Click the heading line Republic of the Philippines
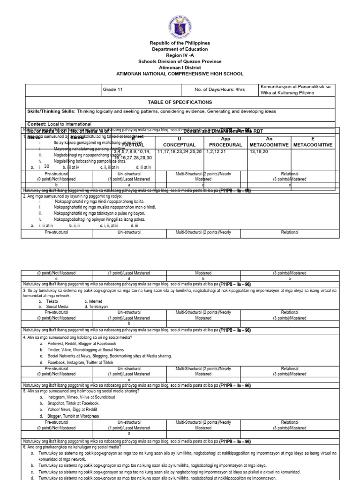click(180, 43)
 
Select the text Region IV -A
click(180, 55)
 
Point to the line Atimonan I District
click(180, 67)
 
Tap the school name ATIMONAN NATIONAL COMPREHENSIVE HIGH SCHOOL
click(180, 74)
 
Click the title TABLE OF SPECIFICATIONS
click(180, 102)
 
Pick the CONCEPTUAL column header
click(179, 145)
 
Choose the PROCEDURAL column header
click(225, 145)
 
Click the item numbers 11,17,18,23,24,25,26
click(180, 152)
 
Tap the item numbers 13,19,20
click(259, 152)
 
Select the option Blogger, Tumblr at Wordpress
click(73, 416)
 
